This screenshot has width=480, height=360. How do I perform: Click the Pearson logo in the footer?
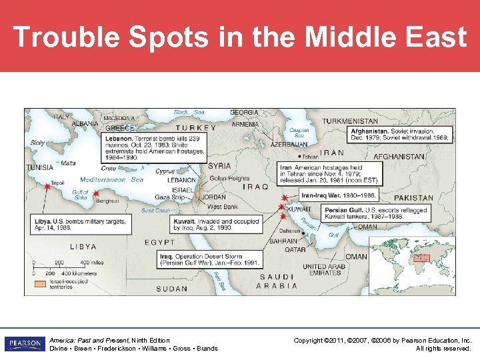25,344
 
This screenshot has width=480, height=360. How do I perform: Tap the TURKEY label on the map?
195,127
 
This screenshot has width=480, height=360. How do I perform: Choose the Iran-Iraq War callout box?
338,195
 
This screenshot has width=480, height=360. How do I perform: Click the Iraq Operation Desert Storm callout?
210,259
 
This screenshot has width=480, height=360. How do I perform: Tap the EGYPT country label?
160,242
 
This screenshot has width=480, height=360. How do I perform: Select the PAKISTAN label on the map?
413,198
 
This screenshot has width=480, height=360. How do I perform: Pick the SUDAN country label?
172,289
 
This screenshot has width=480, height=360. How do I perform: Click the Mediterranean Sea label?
111,179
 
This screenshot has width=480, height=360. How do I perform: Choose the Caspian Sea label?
300,133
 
